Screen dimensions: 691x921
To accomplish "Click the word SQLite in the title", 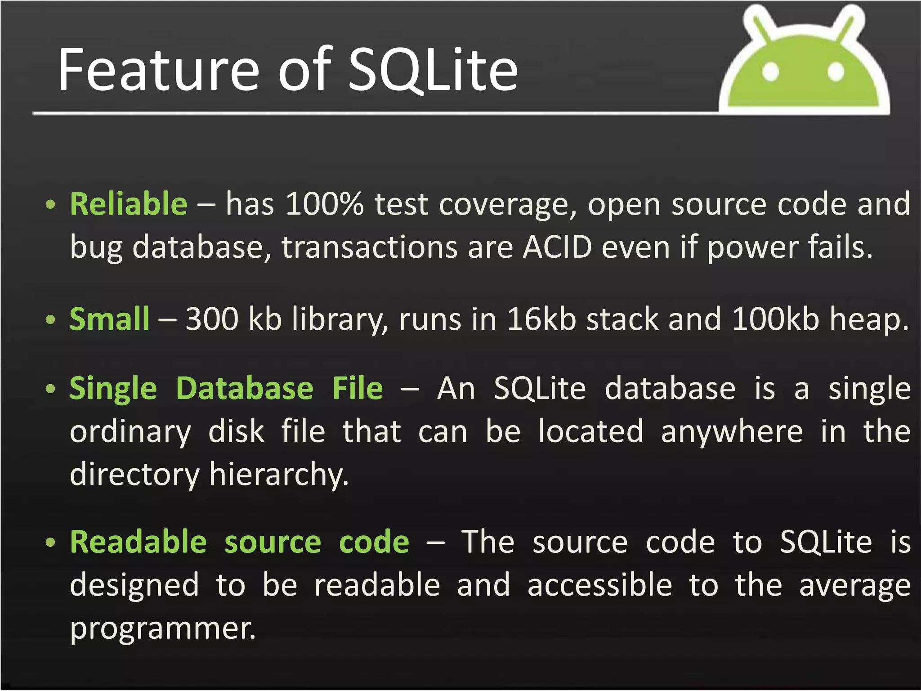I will [433, 71].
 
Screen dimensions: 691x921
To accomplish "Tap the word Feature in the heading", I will [159, 71].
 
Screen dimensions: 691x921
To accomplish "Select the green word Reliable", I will [129, 204].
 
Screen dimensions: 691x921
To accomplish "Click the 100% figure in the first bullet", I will [324, 204].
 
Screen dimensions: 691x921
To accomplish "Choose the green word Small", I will [109, 319].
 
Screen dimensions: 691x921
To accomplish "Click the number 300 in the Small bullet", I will [212, 319].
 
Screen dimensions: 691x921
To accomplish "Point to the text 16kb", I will [541, 319].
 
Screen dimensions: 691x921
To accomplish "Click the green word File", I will [358, 388].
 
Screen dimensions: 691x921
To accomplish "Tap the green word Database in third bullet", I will [244, 388].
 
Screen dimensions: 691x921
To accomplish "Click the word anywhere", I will [732, 431].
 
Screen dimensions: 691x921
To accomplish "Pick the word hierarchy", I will [279, 475].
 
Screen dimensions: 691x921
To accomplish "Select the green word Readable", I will [138, 542].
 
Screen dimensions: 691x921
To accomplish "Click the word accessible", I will [600, 585].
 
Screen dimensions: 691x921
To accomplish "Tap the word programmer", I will [163, 628].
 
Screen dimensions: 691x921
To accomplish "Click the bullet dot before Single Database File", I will [51, 389].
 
